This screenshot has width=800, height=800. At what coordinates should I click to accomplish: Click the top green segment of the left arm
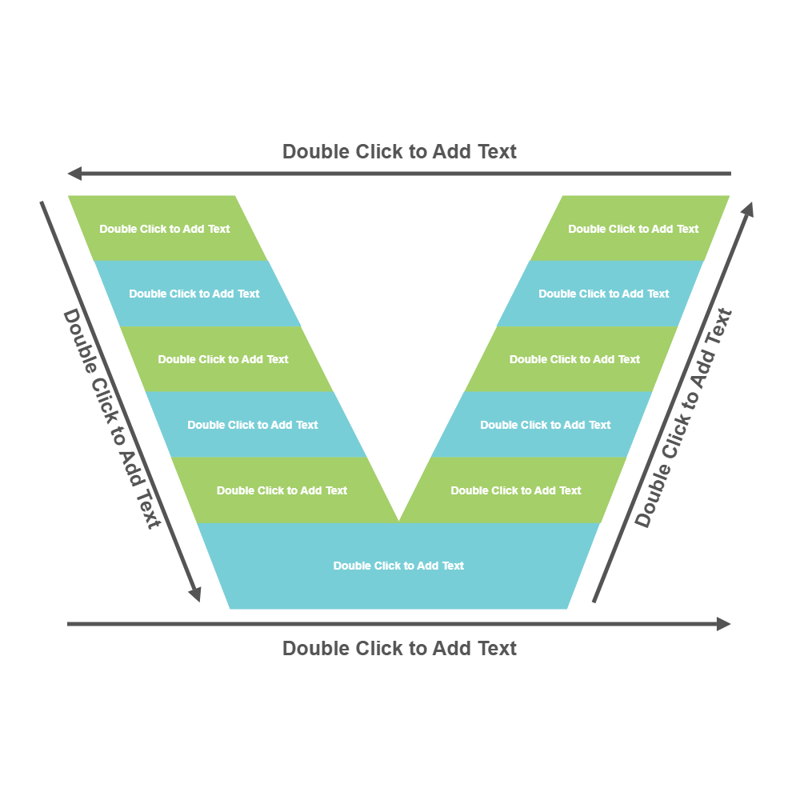(x=164, y=228)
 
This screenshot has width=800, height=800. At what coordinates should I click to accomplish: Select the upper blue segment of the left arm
(x=194, y=294)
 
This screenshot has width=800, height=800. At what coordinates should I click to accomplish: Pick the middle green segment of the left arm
(x=223, y=359)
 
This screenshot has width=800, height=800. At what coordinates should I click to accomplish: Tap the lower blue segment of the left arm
(x=253, y=425)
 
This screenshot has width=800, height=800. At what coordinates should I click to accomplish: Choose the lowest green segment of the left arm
(x=282, y=490)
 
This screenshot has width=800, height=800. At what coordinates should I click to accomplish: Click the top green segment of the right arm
(x=634, y=228)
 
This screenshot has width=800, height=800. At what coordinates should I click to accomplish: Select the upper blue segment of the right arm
(x=604, y=294)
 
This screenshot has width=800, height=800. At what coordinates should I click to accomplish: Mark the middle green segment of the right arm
(x=575, y=359)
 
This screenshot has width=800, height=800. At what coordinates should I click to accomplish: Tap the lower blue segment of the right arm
(x=546, y=425)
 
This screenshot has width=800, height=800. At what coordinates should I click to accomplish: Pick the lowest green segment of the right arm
(x=516, y=490)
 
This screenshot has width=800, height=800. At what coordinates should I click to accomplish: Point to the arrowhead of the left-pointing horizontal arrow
(x=74, y=174)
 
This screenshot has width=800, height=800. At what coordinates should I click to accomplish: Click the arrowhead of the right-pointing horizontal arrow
(x=724, y=624)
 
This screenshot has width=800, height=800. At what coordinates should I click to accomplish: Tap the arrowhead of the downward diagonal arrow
(x=194, y=594)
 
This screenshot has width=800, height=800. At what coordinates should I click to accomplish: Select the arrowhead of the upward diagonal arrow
(x=748, y=210)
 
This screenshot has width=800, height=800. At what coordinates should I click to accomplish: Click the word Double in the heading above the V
(x=316, y=151)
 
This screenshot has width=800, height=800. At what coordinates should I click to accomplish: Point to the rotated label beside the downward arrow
(x=112, y=418)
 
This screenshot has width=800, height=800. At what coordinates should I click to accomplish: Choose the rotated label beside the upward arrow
(x=684, y=418)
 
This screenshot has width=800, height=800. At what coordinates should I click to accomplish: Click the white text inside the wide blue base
(x=398, y=566)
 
